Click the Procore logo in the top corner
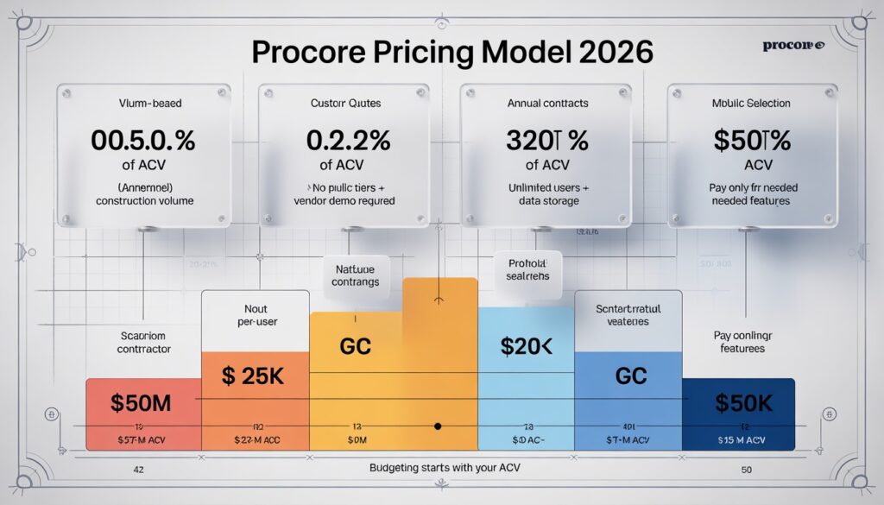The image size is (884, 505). (x=794, y=45)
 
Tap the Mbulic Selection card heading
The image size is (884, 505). (x=751, y=104)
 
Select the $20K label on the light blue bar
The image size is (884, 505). (x=526, y=346)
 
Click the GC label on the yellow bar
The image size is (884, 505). (x=356, y=346)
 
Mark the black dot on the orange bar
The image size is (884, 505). (x=438, y=426)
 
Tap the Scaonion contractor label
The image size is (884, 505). (x=144, y=343)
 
